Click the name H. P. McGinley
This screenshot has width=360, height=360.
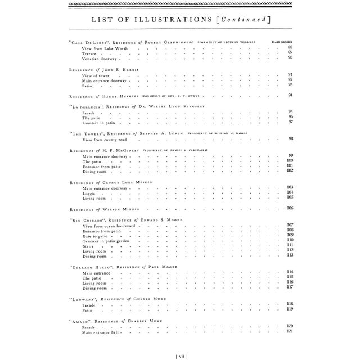(x=124, y=150)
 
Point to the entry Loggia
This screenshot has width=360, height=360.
(x=89, y=192)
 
